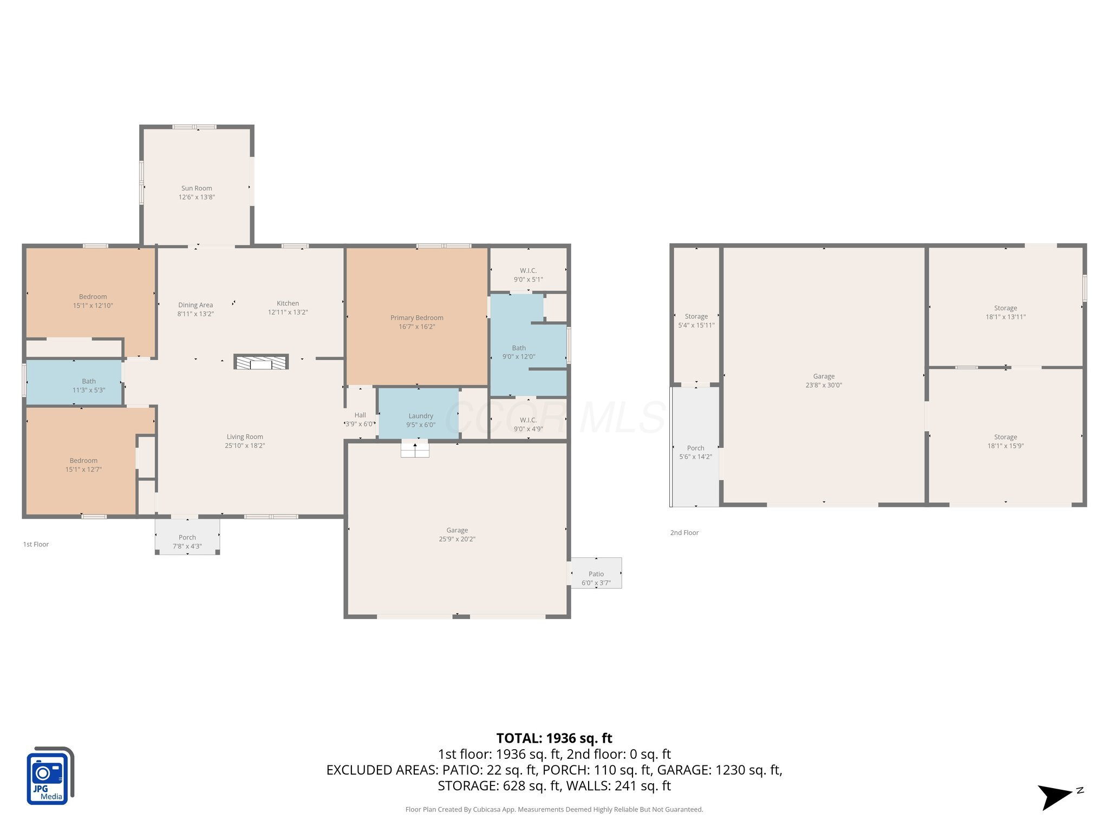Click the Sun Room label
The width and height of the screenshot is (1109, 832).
coord(197,188)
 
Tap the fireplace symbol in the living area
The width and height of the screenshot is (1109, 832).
coord(261,362)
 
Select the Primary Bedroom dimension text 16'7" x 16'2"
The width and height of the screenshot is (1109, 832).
coord(416,327)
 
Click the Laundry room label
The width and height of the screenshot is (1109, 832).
coord(421,416)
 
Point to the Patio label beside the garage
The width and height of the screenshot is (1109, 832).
coord(596,574)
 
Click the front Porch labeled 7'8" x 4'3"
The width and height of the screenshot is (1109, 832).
coord(187,537)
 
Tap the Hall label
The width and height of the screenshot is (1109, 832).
coord(360,415)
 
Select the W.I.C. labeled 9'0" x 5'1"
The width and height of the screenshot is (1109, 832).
coord(528,271)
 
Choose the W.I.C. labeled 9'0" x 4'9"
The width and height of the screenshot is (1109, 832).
coord(528,420)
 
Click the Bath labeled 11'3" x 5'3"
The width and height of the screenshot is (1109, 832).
coord(89,381)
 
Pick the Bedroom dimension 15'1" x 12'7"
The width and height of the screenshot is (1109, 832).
coord(83,470)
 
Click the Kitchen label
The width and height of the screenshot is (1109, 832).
coord(288,303)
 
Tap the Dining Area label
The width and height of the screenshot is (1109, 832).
coord(195,305)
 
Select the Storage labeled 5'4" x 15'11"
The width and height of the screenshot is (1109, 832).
coord(696,316)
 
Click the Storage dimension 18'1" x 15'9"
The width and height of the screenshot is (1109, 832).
coord(1005,446)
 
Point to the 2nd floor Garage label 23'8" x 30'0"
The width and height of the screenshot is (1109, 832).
coord(824,376)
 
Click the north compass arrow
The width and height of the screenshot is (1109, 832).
coord(1056,796)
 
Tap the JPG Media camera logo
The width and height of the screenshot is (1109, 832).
coord(49,776)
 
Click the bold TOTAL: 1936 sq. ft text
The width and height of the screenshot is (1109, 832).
coord(554,738)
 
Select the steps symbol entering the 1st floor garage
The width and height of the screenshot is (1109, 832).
coord(415,450)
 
